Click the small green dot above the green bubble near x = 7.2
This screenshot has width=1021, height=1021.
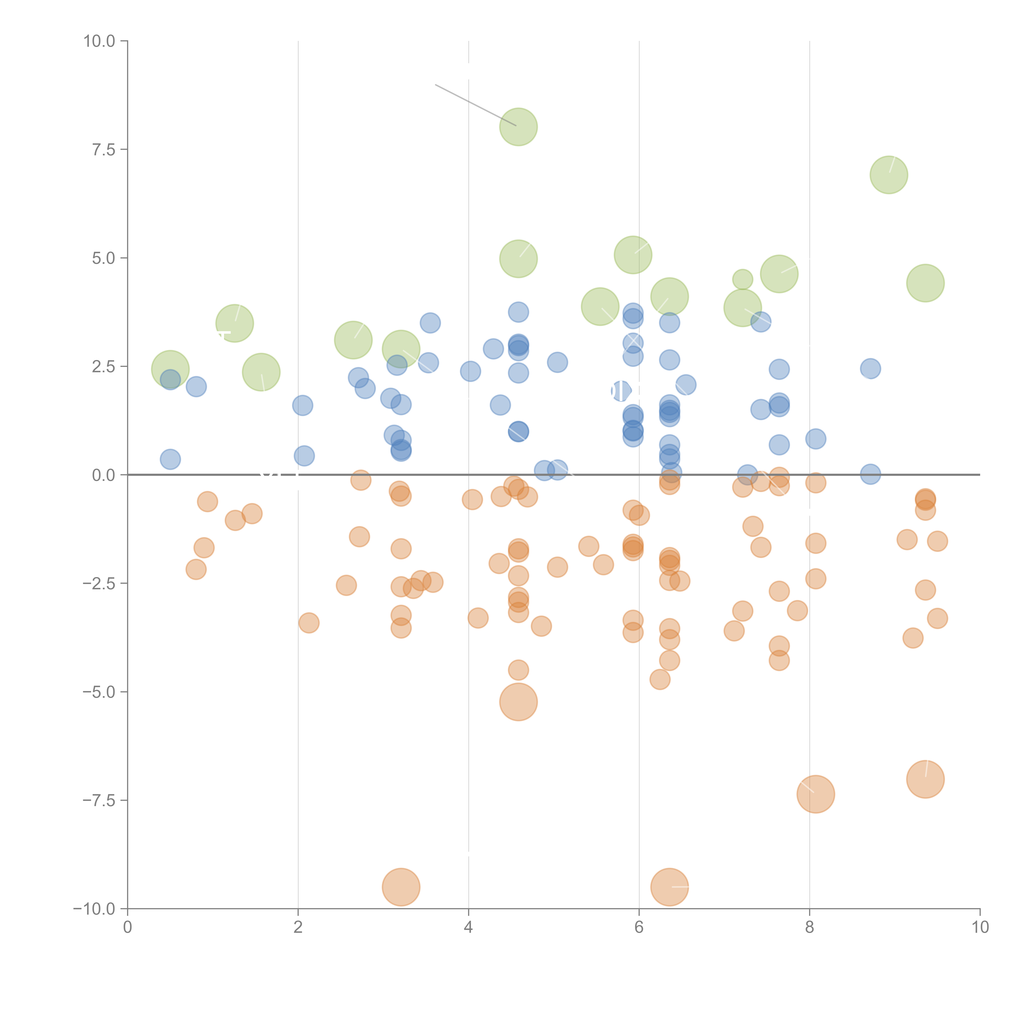click(742, 279)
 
